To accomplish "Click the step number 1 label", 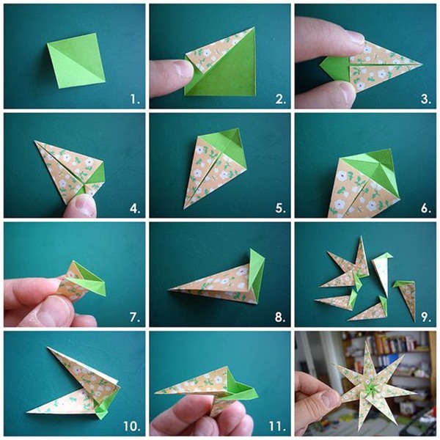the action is (135, 99).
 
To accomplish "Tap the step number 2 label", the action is (281, 99).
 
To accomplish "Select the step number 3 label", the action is (426, 99).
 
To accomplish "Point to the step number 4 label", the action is (135, 208).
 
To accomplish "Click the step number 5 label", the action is (281, 208).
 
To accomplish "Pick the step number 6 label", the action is (426, 208).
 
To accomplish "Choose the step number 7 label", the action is (135, 318).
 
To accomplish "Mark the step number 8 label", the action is (281, 318).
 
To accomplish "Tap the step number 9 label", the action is (426, 318).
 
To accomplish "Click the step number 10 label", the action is (132, 427).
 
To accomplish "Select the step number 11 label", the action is (278, 427).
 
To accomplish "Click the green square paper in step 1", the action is (76, 61).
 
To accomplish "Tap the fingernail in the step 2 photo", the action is (183, 68).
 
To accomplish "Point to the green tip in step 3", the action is (335, 67).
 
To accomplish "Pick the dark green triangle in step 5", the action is (233, 139).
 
